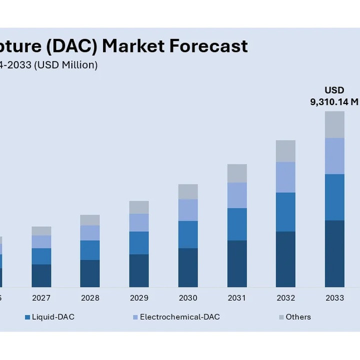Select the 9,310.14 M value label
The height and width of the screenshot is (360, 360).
click(334, 102)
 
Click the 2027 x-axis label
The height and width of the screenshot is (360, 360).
click(41, 298)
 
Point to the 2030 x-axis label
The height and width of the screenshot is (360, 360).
click(188, 298)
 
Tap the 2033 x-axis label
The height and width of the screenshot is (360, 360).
click(334, 298)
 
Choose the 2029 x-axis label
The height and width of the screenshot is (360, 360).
click(139, 298)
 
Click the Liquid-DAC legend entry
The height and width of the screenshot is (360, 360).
click(53, 317)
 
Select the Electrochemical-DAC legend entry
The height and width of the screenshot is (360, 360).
click(179, 317)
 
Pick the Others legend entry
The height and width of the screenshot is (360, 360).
click(298, 317)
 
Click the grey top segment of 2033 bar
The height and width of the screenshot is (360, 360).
click(334, 124)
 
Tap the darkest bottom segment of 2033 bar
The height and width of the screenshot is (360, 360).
click(334, 253)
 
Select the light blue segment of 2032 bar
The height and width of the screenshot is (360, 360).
click(285, 177)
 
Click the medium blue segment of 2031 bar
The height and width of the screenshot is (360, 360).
click(237, 224)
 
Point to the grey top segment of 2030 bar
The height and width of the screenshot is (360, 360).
click(188, 191)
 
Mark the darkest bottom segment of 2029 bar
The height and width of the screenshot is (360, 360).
click(139, 270)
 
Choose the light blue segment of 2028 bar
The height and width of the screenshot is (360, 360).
click(90, 232)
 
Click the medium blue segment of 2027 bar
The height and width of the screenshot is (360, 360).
click(41, 256)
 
